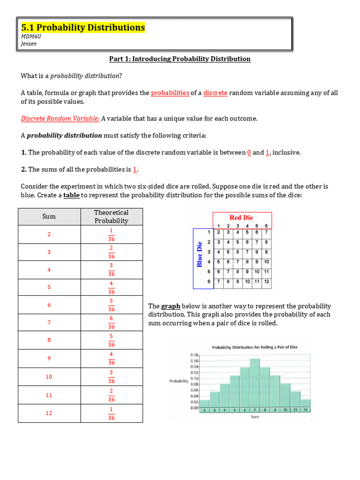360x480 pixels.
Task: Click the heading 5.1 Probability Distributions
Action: (x=83, y=28)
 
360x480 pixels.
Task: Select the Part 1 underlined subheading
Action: (x=180, y=59)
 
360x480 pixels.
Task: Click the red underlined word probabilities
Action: (x=170, y=93)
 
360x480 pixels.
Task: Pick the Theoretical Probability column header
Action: (x=111, y=217)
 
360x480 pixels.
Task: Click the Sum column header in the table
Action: (x=49, y=217)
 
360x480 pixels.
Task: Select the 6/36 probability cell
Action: (x=111, y=322)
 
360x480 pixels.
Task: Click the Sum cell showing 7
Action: (x=49, y=322)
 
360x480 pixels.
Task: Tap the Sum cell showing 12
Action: (x=49, y=413)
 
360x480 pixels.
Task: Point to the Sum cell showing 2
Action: (x=49, y=234)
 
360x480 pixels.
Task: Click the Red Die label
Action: (x=241, y=217)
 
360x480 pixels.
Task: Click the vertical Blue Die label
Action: (x=200, y=254)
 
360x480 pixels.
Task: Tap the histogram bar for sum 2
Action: (x=205, y=404)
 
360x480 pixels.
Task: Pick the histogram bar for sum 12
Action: (x=305, y=404)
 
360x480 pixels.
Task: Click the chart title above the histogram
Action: (x=255, y=347)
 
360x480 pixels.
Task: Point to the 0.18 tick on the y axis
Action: (x=195, y=355)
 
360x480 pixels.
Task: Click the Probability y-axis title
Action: (x=178, y=381)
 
